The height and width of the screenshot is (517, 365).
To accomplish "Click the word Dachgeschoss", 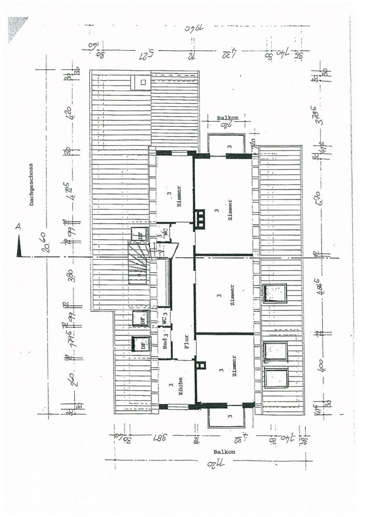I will (31, 184).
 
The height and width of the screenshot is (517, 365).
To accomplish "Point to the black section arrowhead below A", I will (18, 247).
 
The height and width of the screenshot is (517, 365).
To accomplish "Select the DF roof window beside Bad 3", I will (142, 343).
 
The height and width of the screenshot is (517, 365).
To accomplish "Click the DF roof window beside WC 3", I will (141, 318).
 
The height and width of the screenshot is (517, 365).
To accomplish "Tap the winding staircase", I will (139, 262).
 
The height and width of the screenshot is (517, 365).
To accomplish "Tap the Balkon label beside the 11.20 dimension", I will (224, 452).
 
